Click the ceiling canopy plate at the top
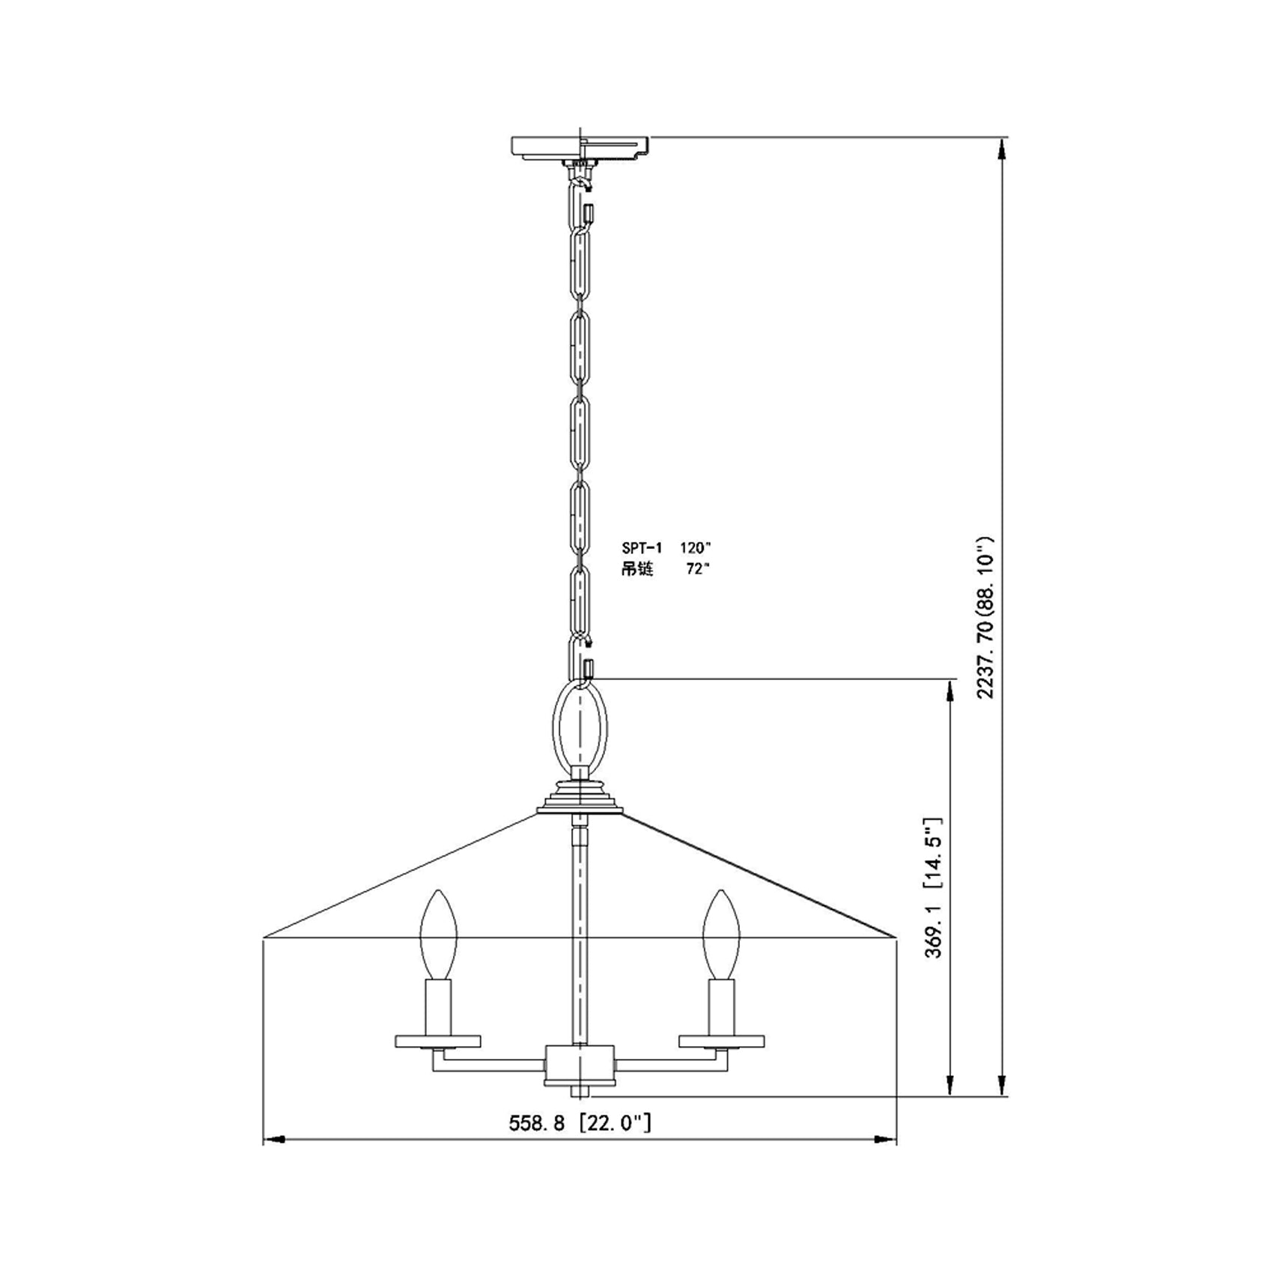[578, 146]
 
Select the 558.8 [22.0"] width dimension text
[580, 1123]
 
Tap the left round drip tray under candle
[438, 1041]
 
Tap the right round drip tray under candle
[722, 1041]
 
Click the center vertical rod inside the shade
[580, 936]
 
